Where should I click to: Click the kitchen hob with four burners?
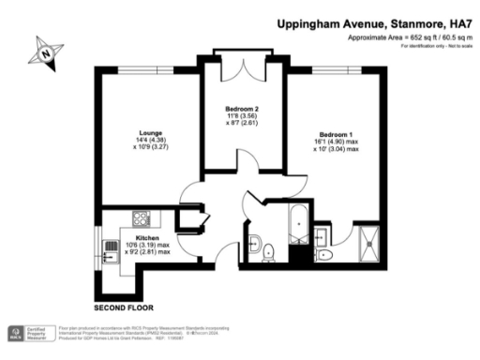143,219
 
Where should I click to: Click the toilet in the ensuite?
324,254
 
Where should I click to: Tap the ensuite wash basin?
324,231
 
